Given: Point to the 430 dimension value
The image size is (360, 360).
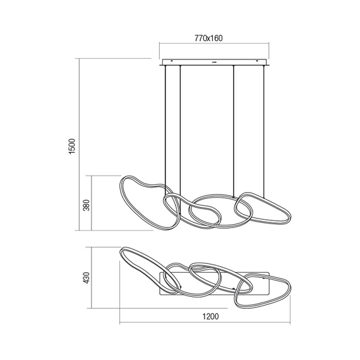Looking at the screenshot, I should [87, 278].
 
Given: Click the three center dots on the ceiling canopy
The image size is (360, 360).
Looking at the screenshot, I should [214, 62].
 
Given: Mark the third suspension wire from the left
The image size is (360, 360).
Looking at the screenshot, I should [234, 126].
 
